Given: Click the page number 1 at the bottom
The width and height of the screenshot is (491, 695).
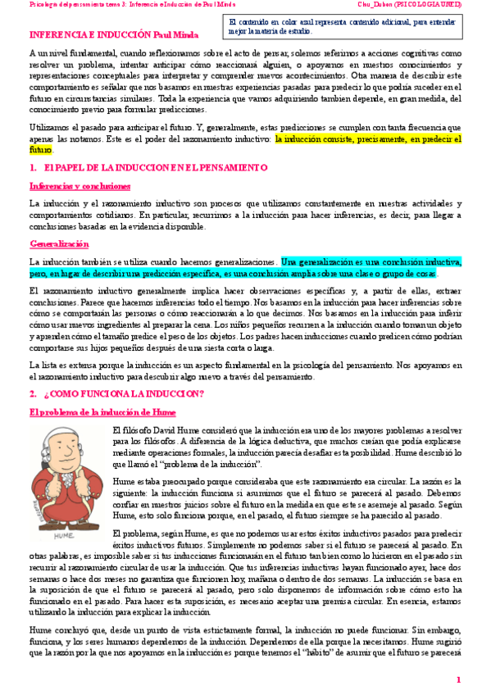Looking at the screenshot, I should click(459, 679).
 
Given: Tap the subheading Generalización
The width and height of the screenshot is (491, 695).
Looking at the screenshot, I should click(59, 244).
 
